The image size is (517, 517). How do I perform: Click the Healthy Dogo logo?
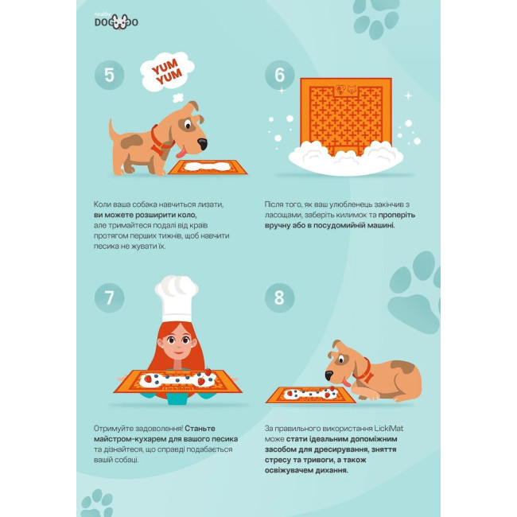click(x=116, y=21)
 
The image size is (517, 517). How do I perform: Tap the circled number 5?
click(x=109, y=76)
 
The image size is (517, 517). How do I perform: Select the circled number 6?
click(x=279, y=76)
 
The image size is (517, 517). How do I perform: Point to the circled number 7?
click(x=109, y=297)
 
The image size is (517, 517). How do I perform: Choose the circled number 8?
click(x=279, y=297)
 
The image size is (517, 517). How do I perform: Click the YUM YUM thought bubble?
click(x=167, y=72)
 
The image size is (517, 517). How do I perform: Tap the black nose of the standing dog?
click(x=202, y=144)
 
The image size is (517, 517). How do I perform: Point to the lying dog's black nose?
click(x=329, y=375)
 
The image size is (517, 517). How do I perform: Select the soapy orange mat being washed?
click(x=346, y=117)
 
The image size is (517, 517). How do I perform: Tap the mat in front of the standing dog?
click(x=208, y=167)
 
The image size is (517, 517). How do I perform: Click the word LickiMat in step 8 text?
click(x=388, y=428)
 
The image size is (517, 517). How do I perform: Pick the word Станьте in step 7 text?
click(x=200, y=428)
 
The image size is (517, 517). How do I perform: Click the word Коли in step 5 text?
click(x=101, y=204)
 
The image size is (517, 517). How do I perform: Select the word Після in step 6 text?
click(x=273, y=204)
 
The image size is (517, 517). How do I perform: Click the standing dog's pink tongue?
click(x=181, y=153)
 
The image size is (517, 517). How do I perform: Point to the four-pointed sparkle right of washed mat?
click(x=408, y=95)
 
